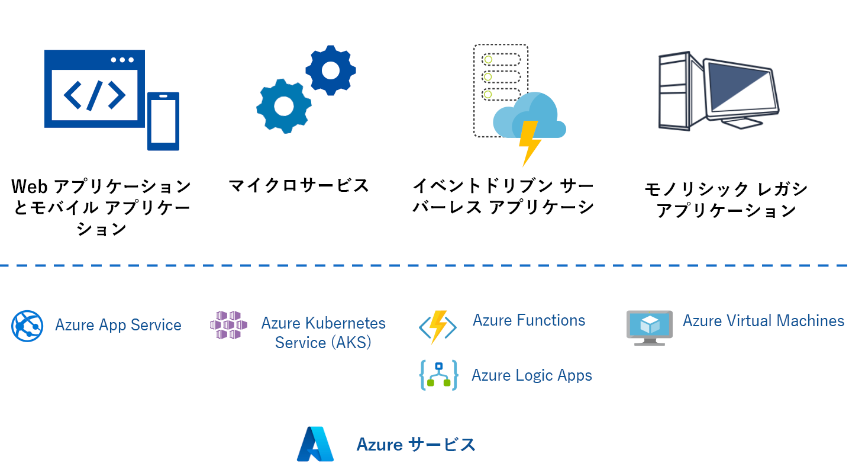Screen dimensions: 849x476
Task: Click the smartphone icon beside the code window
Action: [x=163, y=121]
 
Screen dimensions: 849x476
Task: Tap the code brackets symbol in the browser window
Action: [x=95, y=95]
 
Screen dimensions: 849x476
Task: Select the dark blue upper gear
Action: [x=331, y=70]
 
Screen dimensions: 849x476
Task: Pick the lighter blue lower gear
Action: [x=284, y=106]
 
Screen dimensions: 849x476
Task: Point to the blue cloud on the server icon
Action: [x=530, y=115]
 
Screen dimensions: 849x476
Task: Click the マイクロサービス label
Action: [x=299, y=185]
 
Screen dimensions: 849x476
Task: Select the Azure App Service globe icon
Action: [x=27, y=326]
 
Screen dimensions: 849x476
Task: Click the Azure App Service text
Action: [x=118, y=325]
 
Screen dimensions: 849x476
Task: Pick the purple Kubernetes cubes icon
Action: [x=228, y=325]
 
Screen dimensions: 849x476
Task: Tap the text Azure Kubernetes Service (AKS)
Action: [x=323, y=333]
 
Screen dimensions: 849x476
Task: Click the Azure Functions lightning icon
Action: [x=438, y=327]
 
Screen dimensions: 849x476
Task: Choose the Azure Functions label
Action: [x=529, y=320]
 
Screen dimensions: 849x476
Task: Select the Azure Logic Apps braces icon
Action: [x=438, y=375]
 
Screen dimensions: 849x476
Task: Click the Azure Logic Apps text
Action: [x=532, y=375]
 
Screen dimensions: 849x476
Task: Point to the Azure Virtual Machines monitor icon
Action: [x=650, y=328]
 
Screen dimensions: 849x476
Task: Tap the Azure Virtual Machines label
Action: [x=764, y=321]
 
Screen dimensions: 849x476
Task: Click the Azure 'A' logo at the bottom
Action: [x=315, y=444]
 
